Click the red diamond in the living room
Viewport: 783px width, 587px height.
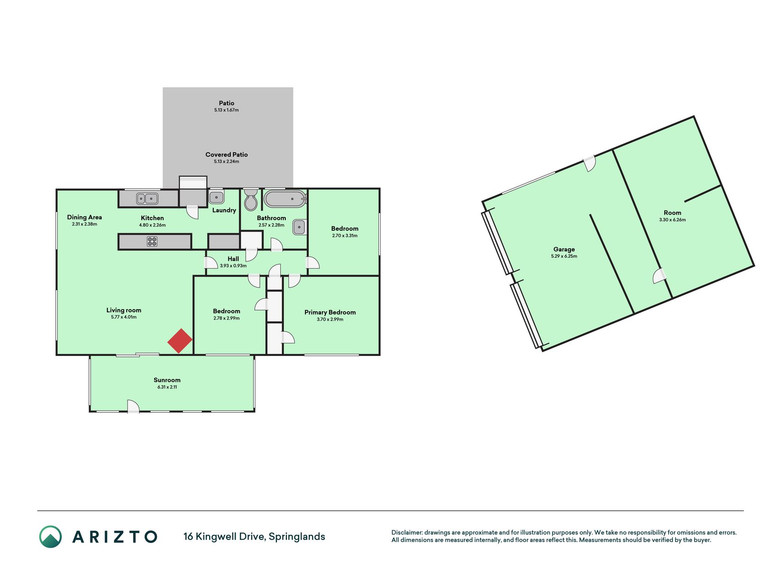[180, 341]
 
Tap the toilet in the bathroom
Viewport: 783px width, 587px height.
[250, 199]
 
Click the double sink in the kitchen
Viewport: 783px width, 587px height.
[147, 199]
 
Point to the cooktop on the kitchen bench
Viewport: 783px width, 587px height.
[152, 241]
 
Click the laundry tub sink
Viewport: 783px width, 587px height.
[217, 198]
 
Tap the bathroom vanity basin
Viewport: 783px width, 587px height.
[300, 227]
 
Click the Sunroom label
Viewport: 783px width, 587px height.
[167, 380]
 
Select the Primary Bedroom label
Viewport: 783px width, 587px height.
[330, 312]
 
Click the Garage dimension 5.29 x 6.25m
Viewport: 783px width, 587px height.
[564, 256]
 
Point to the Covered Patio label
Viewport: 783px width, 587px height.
[227, 155]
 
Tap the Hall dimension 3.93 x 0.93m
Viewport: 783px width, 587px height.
[233, 266]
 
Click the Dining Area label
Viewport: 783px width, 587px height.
[84, 217]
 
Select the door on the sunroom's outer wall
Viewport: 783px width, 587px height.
[133, 406]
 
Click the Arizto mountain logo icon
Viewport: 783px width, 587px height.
[50, 537]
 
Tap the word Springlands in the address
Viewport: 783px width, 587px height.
[297, 537]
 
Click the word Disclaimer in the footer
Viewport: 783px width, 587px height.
[406, 532]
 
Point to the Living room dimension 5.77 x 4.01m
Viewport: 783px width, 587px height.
[124, 317]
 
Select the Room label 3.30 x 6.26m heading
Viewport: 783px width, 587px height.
[672, 213]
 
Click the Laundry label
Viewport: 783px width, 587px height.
[224, 210]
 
